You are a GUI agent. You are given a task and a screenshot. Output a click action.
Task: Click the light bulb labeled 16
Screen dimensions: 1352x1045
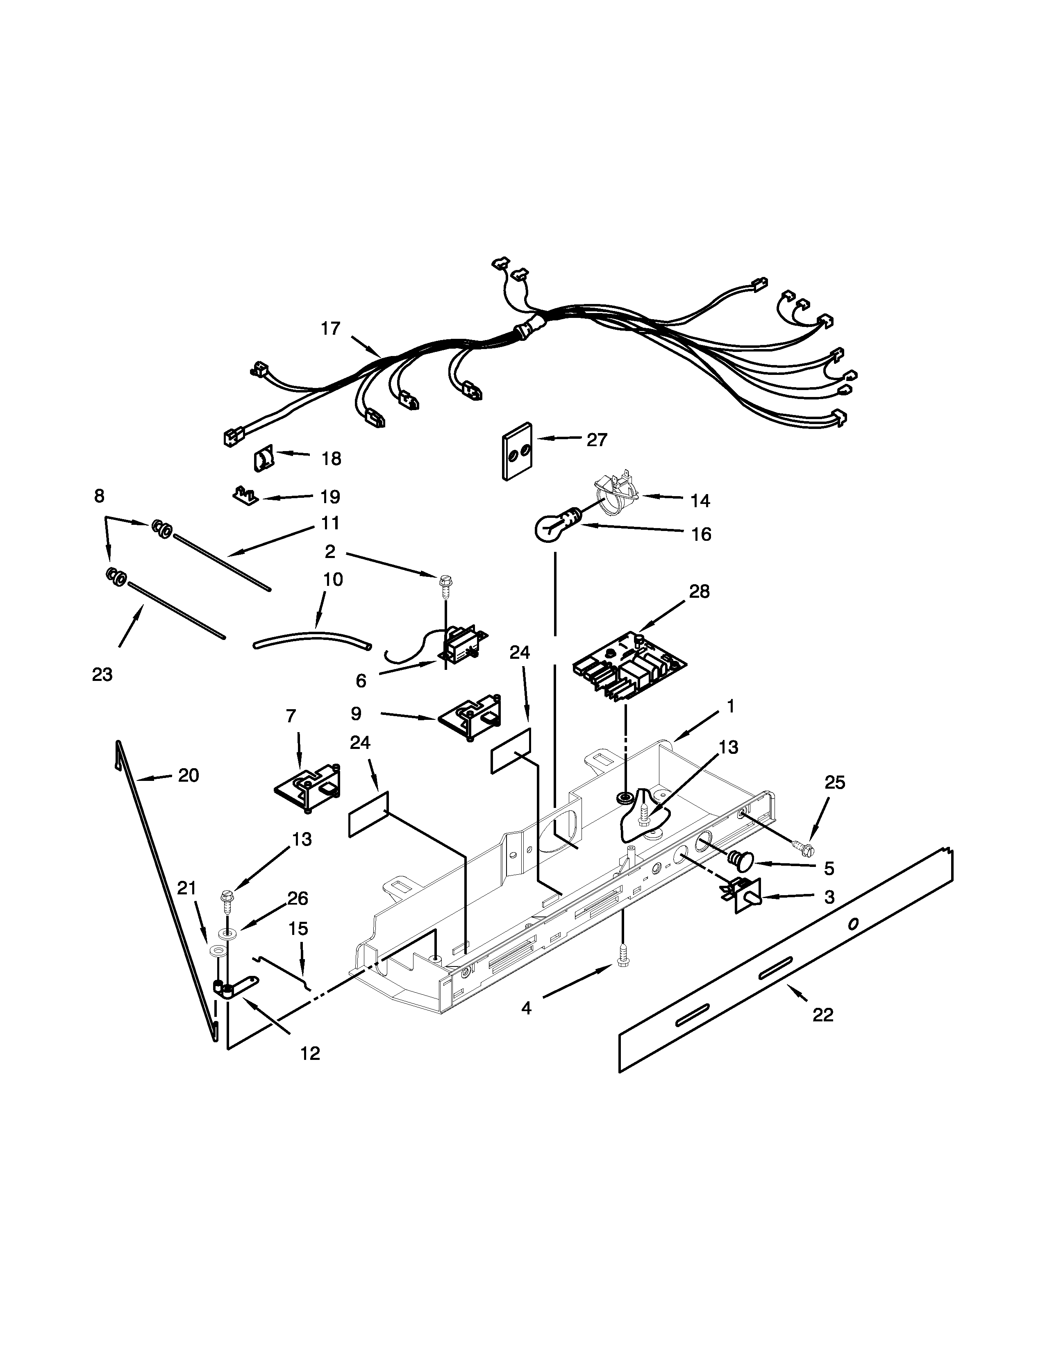point(553,526)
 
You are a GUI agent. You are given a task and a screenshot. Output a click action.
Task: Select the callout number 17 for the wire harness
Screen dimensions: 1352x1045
point(331,329)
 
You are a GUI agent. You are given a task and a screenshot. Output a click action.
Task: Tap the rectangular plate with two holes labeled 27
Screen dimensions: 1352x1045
point(518,451)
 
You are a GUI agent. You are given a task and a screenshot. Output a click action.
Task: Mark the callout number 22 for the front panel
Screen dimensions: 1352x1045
point(823,1015)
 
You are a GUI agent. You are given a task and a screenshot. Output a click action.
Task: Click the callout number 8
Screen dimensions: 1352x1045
point(99,496)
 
